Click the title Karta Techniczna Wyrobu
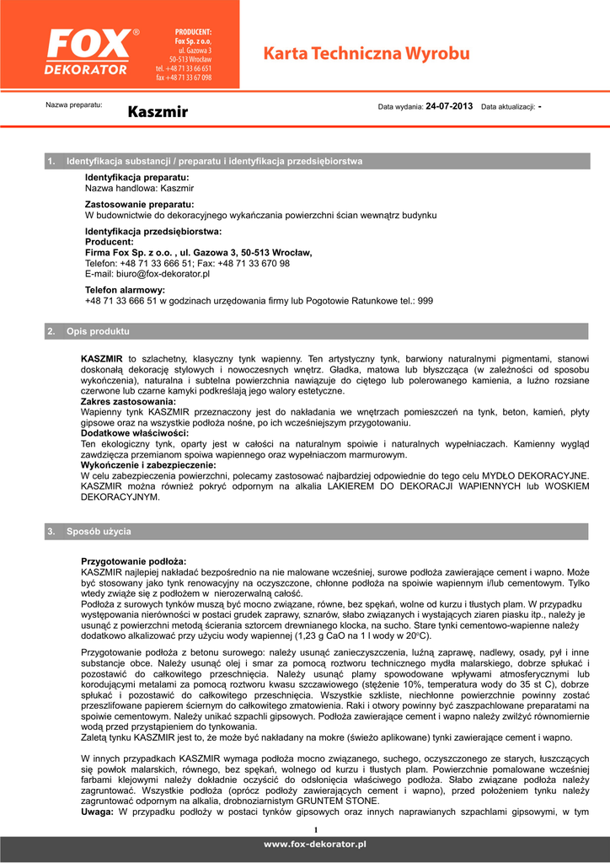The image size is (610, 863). [367, 54]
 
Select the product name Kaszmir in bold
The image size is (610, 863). [158, 111]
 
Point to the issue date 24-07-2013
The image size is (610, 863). [449, 107]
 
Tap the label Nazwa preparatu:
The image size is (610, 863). [73, 105]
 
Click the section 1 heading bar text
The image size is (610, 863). [214, 160]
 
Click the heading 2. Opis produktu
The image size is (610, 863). [98, 331]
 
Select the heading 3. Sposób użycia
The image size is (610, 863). [99, 532]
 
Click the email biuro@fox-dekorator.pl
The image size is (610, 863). [147, 274]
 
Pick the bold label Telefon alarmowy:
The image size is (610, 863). [125, 290]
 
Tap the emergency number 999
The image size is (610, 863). [425, 300]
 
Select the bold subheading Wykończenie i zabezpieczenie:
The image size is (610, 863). [148, 464]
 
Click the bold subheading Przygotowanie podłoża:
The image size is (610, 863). [133, 560]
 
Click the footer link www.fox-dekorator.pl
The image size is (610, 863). [315, 844]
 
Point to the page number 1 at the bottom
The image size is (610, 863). [315, 830]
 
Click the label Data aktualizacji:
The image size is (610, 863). [507, 108]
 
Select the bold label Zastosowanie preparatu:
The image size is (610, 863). [139, 205]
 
